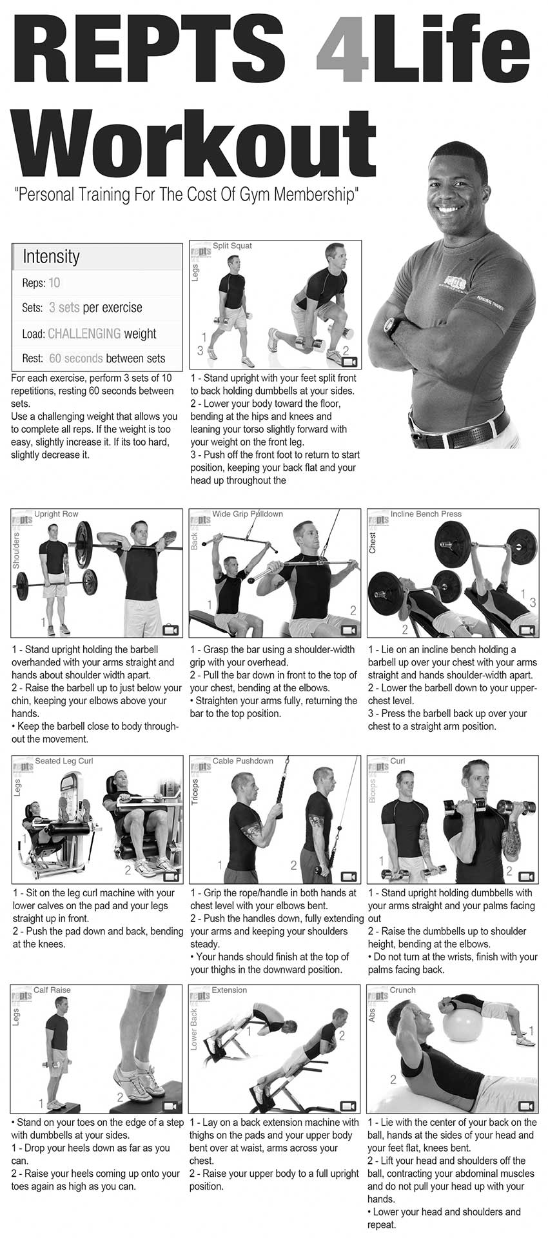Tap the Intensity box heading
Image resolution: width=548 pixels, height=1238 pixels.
51,256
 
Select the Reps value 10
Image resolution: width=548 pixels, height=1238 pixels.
54,282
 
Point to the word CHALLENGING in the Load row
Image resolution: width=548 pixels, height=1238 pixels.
84,333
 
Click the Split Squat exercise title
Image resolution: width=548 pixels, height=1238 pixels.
232,246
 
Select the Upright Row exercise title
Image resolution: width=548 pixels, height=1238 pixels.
56,514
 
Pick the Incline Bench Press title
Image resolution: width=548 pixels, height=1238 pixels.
426,514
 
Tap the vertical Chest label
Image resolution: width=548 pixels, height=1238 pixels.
372,542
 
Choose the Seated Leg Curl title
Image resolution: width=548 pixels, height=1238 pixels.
64,761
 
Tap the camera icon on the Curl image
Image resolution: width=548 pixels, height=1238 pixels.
527,877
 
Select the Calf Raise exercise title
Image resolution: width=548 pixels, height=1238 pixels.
52,990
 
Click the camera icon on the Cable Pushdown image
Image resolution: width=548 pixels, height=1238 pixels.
349,877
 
